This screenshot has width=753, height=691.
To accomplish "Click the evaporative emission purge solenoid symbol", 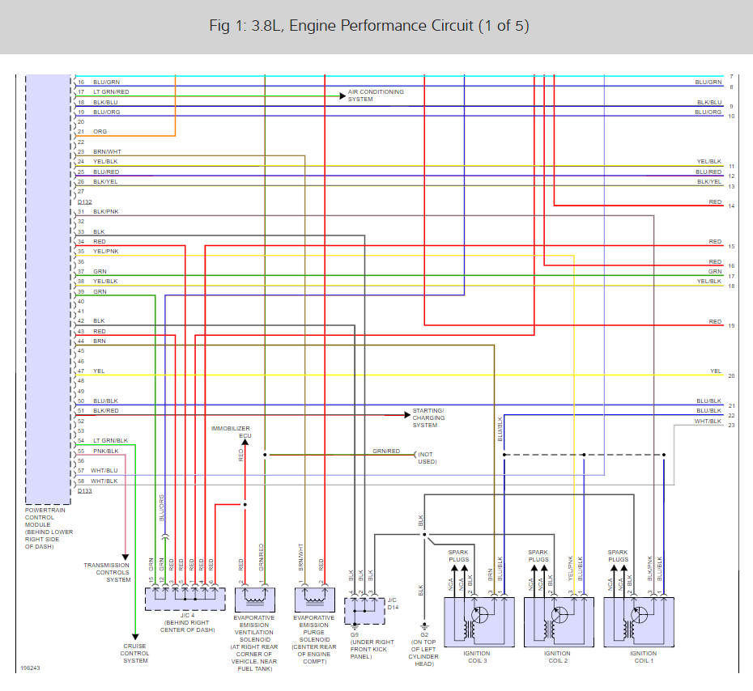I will coord(312,600).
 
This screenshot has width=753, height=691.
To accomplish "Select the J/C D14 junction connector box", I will coord(362,610).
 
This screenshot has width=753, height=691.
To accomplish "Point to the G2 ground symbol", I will coord(424,625).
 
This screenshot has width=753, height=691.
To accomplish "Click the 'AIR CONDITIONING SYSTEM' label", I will coord(376,95).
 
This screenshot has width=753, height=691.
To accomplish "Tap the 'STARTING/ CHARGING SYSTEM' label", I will coord(429,418).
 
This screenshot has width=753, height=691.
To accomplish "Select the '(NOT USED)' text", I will coord(427,457).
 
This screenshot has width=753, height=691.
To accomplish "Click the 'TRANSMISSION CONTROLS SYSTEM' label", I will coord(107,572).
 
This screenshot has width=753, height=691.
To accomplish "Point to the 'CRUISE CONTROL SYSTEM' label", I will coord(135,654).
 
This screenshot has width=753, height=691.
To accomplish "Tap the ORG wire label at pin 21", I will coord(100,131).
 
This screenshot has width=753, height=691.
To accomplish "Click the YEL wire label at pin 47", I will coord(99,371).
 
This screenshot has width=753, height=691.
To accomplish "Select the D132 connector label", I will coord(84,201).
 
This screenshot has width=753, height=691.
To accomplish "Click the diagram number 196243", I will coord(29,668).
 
